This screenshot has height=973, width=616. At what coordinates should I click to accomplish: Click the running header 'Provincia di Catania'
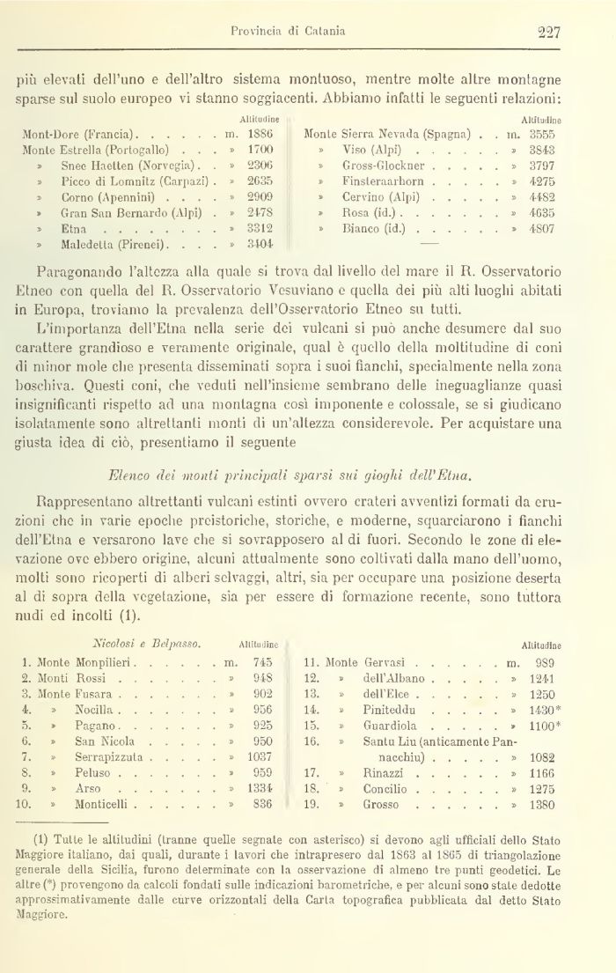point(288,32)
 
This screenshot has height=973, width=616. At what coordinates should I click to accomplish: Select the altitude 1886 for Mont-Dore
point(260,134)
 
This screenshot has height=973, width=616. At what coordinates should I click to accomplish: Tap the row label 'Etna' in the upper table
point(73,226)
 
